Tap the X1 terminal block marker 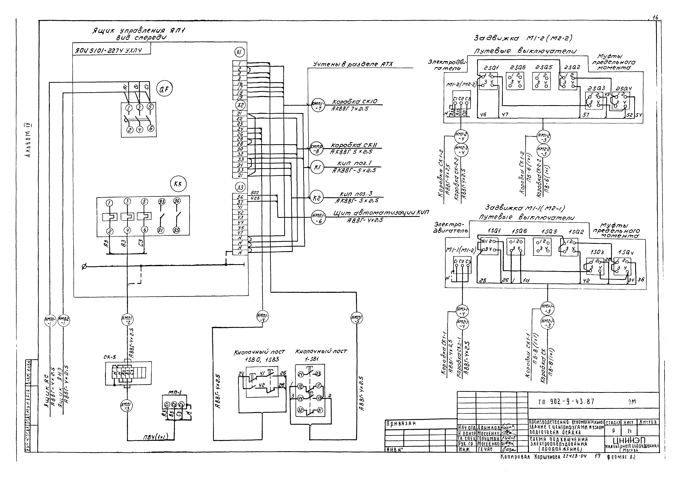point(239,53)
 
